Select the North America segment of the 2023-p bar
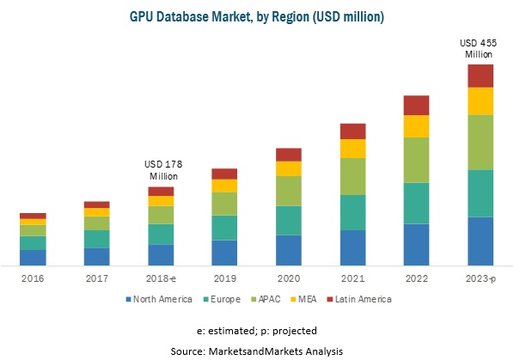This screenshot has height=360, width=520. pos(480,241)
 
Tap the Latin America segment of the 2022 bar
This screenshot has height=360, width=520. pos(416,105)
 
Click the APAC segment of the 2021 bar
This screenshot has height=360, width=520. pos(352,176)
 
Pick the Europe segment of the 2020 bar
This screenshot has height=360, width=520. pos(289,220)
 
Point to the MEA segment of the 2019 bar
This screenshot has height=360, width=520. pos(224,185)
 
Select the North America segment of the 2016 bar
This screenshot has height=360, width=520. pos(33,257)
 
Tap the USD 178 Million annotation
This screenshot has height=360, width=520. pos(161,169)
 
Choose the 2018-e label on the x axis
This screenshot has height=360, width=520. pos(161,279)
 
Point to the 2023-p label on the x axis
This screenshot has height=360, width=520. pos(480,279)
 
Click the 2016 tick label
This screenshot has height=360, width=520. pos(33,279)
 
